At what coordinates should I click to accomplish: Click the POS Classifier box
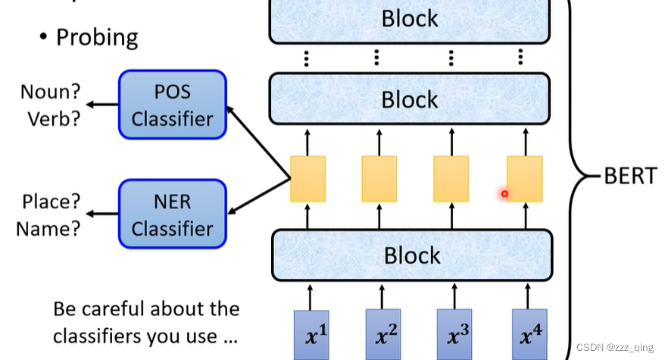coord(173,105)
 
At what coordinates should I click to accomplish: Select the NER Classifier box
coord(173,214)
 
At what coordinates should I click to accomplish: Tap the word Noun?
coord(50,92)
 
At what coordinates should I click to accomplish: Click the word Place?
coord(51,202)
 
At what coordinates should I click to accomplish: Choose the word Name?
coord(48,228)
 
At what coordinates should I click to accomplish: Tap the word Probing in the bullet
coord(97,37)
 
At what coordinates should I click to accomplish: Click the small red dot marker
coord(504,194)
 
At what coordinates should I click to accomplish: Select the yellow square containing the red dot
coord(524,179)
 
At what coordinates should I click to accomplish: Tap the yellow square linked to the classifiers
coord(308,179)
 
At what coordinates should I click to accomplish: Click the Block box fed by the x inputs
coord(411,255)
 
